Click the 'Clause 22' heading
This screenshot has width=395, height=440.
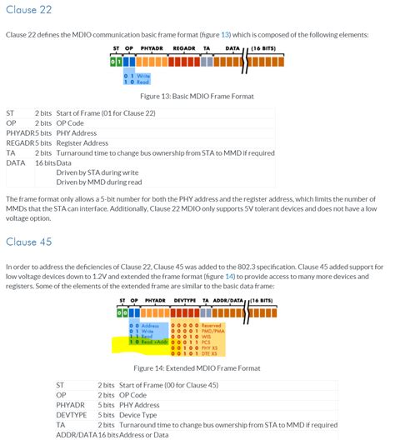point(29,10)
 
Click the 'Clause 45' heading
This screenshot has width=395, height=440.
point(29,242)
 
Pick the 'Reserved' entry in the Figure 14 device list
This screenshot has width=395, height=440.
point(212,325)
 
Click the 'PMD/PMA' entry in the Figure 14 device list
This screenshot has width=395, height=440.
point(212,330)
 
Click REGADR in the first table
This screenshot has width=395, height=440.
point(19,142)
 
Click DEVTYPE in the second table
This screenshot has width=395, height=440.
point(71,415)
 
